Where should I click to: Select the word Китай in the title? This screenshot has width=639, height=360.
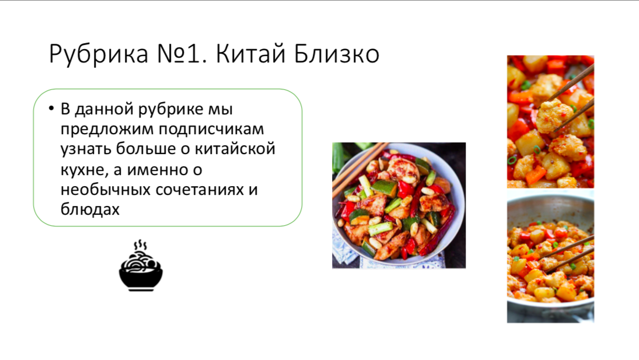[250, 53]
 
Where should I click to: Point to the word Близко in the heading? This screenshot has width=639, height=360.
[337, 54]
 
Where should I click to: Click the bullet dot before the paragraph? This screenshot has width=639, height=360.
[51, 109]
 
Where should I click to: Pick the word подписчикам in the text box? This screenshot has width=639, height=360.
[211, 129]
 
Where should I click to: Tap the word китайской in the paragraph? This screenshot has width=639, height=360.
[235, 149]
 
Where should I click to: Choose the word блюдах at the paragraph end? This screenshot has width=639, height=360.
[90, 209]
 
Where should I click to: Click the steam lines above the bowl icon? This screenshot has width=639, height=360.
[140, 244]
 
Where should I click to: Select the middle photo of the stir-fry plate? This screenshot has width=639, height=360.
[399, 205]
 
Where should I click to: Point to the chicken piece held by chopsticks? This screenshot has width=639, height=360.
[553, 116]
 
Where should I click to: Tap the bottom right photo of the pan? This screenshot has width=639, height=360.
[550, 256]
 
